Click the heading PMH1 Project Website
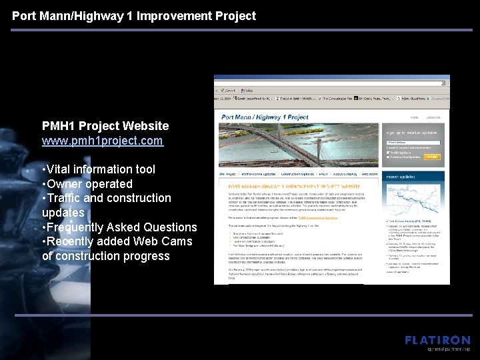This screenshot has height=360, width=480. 105,125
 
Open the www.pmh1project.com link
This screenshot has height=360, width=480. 102,141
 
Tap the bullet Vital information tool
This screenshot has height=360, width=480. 101,169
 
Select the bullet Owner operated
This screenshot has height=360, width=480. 90,184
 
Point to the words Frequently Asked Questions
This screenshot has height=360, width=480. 123,227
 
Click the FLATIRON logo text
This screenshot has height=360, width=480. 437,340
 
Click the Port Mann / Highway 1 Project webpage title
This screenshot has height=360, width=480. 265,117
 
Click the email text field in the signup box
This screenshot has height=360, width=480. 413,143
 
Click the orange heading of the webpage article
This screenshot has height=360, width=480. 293,187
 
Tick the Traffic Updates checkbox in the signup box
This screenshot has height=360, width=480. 389,151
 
